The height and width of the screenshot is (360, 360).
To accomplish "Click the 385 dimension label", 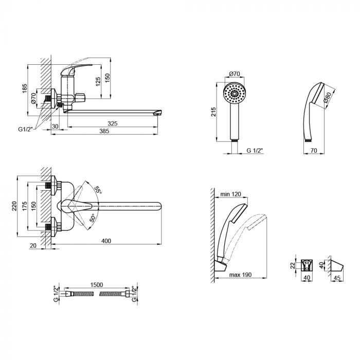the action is point(104,131).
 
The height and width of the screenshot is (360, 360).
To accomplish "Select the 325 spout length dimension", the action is point(113,123).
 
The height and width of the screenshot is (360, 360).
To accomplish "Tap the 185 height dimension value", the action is point(25,88).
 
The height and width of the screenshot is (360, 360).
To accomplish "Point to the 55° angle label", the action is point(98,189).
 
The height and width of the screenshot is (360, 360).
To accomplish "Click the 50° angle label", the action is point(92,218).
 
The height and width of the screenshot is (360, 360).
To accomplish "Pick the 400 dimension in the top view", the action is point(106,241).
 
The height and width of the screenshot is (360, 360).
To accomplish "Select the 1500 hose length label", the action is point(97,285).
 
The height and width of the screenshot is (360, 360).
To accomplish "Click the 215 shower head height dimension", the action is point(213,112).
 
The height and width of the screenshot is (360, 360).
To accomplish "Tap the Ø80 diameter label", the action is point(327,97).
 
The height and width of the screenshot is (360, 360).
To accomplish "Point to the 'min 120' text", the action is point(231,194).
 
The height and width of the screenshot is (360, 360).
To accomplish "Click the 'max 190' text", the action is point(240,275).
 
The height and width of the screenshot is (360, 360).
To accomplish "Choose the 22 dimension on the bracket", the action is point(292,266).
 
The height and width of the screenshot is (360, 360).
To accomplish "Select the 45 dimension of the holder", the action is point(337,278).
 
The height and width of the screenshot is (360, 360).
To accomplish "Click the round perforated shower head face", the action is point(235,94).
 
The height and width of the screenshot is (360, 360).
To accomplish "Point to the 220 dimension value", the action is point(14,206).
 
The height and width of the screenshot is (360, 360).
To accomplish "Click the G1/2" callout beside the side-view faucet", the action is point(26,129).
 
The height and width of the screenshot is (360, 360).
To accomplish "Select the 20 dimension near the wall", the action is point(33,246).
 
